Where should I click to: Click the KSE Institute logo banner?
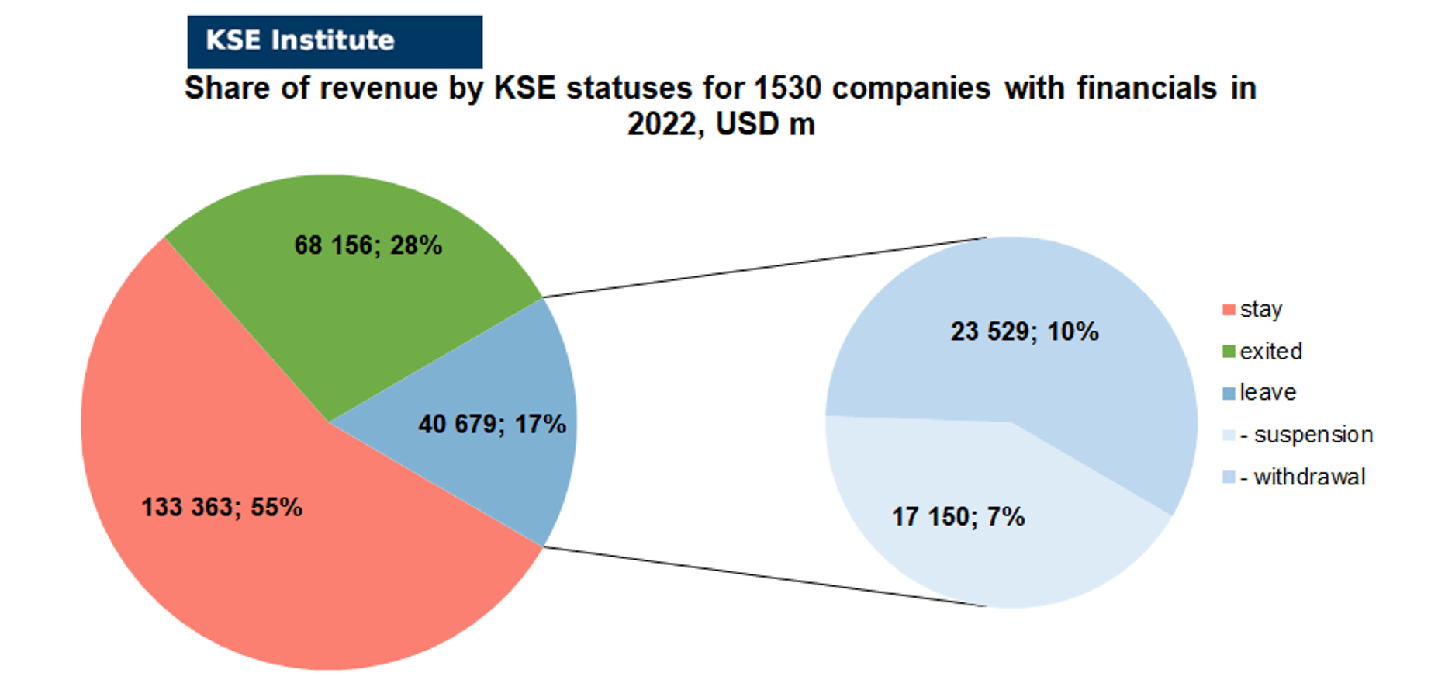[334, 41]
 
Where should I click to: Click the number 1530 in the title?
[787, 88]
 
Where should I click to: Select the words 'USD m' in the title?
[765, 124]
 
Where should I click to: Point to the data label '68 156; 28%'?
[368, 245]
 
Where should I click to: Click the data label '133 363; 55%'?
[222, 507]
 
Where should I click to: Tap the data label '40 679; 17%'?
[493, 424]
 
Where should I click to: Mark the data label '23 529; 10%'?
[1025, 331]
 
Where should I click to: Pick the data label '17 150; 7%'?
[959, 516]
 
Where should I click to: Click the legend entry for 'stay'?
[1253, 309]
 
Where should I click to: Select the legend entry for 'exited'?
[1263, 351]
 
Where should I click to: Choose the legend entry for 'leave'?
[1260, 393]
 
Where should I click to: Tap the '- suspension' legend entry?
[1298, 435]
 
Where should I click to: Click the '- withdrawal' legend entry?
[1294, 477]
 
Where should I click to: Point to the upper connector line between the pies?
[764, 267]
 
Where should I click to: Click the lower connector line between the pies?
[764, 577]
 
